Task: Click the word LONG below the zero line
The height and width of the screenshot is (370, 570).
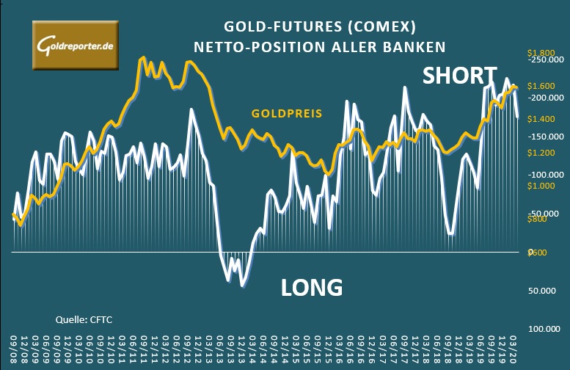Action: pyautogui.click(x=312, y=287)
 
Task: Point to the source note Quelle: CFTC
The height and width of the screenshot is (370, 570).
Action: pyautogui.click(x=84, y=319)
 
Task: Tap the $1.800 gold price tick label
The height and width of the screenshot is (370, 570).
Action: pyautogui.click(x=541, y=54)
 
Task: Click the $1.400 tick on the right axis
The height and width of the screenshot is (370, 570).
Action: pyautogui.click(x=541, y=119)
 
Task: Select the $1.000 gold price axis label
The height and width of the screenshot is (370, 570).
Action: pyautogui.click(x=541, y=186)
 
